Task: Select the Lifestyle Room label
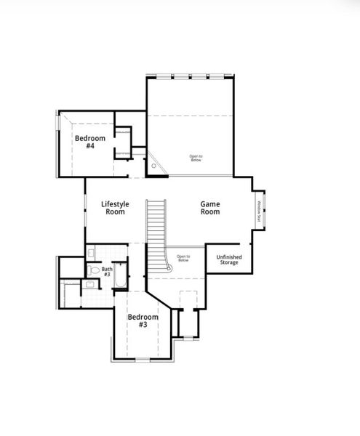115,208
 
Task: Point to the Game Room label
210,208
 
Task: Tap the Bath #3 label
107,271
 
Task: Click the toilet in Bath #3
93,270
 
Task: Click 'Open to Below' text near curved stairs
183,258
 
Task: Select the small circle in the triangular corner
154,166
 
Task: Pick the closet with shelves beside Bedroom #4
123,140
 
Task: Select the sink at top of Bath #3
91,252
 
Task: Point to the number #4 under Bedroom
90,146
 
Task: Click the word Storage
230,262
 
